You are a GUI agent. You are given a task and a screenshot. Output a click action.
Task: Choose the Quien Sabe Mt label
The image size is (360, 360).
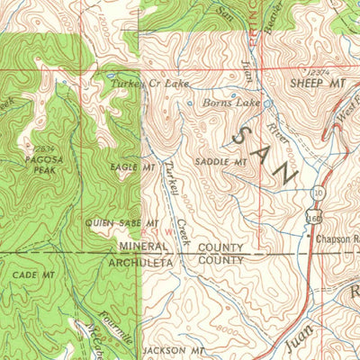coord(122,221)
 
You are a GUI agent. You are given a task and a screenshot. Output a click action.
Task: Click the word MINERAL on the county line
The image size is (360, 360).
coord(143,247)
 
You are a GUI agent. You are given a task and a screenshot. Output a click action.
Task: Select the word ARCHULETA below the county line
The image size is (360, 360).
coord(148,262)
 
